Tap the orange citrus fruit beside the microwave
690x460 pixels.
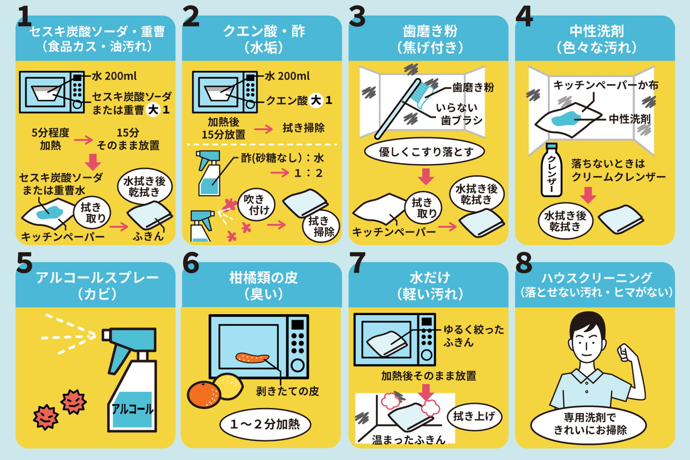[204, 395]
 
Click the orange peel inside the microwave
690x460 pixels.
[252, 358]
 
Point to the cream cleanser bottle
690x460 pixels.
[552, 170]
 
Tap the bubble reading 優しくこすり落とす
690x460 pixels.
[424, 151]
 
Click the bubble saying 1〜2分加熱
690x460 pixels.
[265, 424]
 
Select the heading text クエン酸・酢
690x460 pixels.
[264, 31]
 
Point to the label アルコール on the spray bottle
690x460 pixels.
[132, 409]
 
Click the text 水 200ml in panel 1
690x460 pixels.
[114, 76]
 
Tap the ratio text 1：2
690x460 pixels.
[308, 173]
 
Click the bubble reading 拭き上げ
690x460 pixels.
[474, 417]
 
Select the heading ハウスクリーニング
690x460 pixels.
[596, 278]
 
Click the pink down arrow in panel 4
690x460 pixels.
[588, 195]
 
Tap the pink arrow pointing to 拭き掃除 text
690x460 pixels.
[264, 129]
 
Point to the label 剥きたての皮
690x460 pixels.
[288, 391]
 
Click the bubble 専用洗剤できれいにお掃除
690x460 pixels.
[588, 424]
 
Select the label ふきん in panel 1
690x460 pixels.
[148, 236]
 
